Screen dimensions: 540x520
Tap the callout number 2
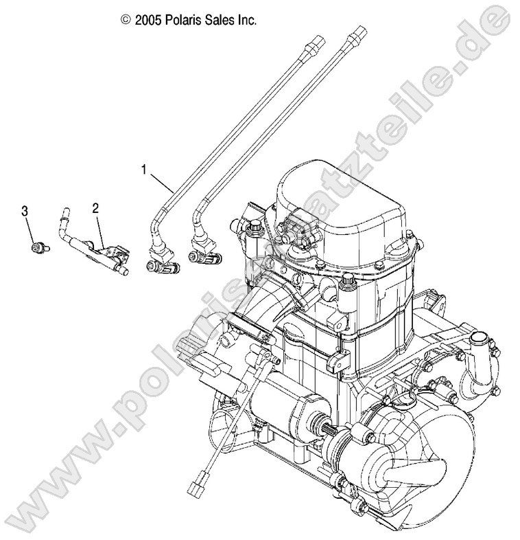point(96,207)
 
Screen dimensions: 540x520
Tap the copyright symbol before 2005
point(125,21)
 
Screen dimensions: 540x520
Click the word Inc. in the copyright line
point(247,21)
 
